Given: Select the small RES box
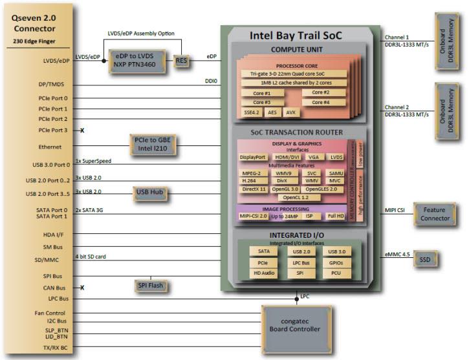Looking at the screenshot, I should pyautogui.click(x=181, y=61).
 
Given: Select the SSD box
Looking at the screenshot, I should pyautogui.click(x=425, y=259).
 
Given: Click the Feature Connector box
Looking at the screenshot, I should pyautogui.click(x=435, y=215).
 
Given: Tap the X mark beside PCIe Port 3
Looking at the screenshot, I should pyautogui.click(x=83, y=131).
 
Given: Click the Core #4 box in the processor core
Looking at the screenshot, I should pyautogui.click(x=321, y=102).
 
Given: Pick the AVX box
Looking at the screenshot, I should pyautogui.click(x=292, y=112).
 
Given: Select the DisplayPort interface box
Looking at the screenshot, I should pyautogui.click(x=252, y=157).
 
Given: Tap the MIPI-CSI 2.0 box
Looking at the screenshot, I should pyautogui.click(x=254, y=216).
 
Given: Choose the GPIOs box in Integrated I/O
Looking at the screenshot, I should pyautogui.click(x=336, y=262).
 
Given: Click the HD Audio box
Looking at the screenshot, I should pyautogui.click(x=264, y=273).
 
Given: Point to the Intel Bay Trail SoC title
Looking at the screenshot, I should pyautogui.click(x=295, y=36).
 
